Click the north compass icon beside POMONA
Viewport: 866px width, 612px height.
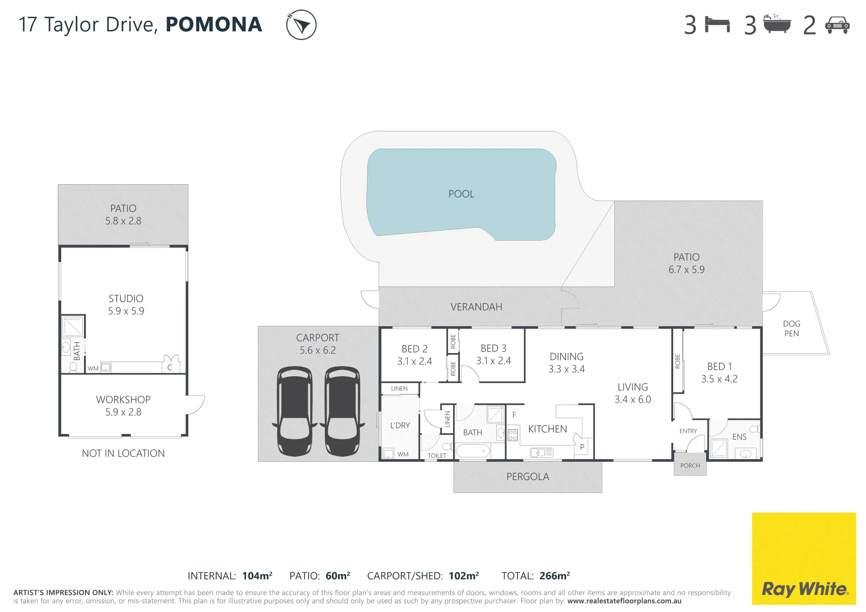301,25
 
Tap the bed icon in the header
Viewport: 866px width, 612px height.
717,24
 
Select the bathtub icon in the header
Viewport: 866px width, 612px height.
776,24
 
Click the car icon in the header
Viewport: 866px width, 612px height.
837,25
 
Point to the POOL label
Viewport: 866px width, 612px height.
461,194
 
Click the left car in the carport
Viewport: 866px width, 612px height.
294,411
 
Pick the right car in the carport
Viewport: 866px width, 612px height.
342,411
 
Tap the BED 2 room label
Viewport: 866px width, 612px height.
415,349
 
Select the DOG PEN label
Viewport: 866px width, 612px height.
791,329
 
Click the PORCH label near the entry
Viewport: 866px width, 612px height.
690,466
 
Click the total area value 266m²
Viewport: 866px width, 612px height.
554,576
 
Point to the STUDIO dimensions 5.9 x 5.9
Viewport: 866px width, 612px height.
126,311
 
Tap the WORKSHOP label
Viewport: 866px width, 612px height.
123,399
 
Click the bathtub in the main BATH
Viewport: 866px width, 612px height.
472,451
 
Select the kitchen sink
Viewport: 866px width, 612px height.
541,452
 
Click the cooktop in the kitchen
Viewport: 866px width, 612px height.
513,435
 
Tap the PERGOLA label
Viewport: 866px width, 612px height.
527,477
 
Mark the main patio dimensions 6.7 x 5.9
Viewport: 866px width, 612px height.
686,270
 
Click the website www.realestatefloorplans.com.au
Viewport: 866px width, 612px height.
624,601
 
